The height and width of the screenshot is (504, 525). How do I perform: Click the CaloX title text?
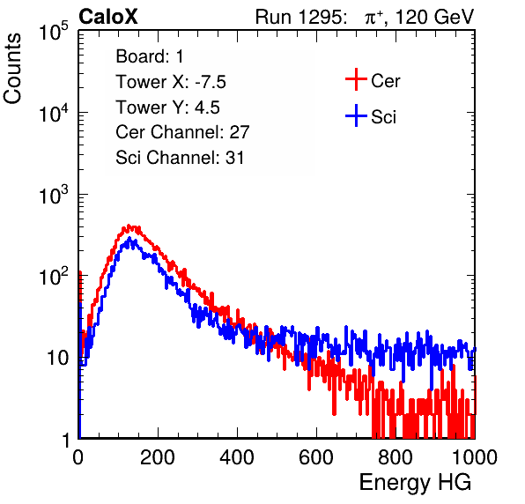108,17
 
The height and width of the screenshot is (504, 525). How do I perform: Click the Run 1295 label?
300,17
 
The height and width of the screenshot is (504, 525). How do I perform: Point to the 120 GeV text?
435,17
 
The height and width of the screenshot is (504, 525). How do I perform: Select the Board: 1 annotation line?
150,56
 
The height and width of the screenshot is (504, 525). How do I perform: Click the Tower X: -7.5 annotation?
171,82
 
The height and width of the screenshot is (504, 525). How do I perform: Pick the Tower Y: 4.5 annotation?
167,107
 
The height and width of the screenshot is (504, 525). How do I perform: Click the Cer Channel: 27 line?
182,132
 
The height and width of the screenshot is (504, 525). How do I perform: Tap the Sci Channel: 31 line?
180,158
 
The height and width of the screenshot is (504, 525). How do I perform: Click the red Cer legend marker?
356,79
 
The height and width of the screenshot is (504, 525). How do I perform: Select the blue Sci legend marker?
356,115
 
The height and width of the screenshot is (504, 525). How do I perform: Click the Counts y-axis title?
12,69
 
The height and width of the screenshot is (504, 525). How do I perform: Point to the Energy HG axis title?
415,483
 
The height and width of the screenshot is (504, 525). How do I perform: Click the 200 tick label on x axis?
158,457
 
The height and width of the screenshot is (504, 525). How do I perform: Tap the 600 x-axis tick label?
316,457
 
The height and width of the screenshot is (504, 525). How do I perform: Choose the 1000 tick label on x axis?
475,457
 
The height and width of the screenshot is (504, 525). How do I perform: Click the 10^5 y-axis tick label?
54,31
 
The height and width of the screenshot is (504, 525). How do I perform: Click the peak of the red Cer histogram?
129,226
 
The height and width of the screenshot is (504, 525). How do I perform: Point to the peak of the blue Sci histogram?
129,239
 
